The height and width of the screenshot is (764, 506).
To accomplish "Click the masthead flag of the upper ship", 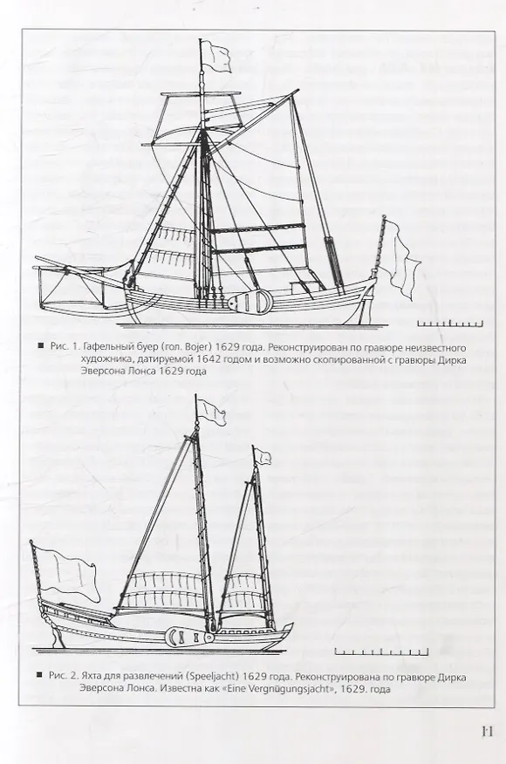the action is click(x=215, y=56).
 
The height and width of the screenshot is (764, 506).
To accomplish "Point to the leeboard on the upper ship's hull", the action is click(x=250, y=302).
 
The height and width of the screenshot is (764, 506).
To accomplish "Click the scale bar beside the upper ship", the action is click(x=449, y=323).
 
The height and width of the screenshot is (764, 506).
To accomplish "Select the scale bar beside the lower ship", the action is click(x=381, y=651).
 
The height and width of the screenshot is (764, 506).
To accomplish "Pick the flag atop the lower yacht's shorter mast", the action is click(x=263, y=456).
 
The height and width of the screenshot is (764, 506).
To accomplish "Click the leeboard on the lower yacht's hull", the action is click(x=189, y=637).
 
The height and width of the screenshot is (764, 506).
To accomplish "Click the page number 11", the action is click(x=488, y=731).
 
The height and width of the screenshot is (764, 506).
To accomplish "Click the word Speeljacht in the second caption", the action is click(x=213, y=677).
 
